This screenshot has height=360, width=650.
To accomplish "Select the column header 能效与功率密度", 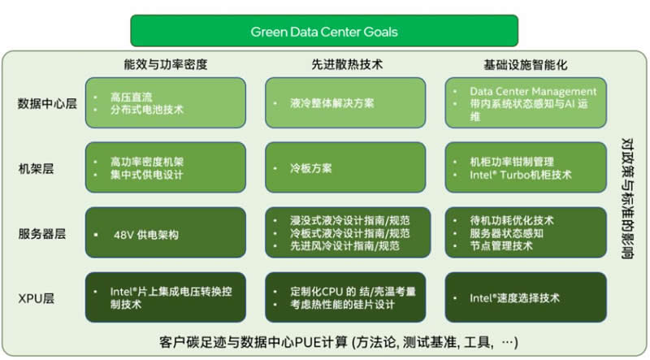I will coord(166,64).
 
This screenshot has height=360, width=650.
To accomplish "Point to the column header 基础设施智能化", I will coord(526,64).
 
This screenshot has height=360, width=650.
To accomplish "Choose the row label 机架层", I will coord(37,168).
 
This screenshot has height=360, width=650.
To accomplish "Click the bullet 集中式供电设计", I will coord(146,175).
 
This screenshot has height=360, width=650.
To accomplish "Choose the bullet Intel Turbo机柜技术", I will coord(521,175).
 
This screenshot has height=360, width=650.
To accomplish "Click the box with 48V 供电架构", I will coord(165,234).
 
